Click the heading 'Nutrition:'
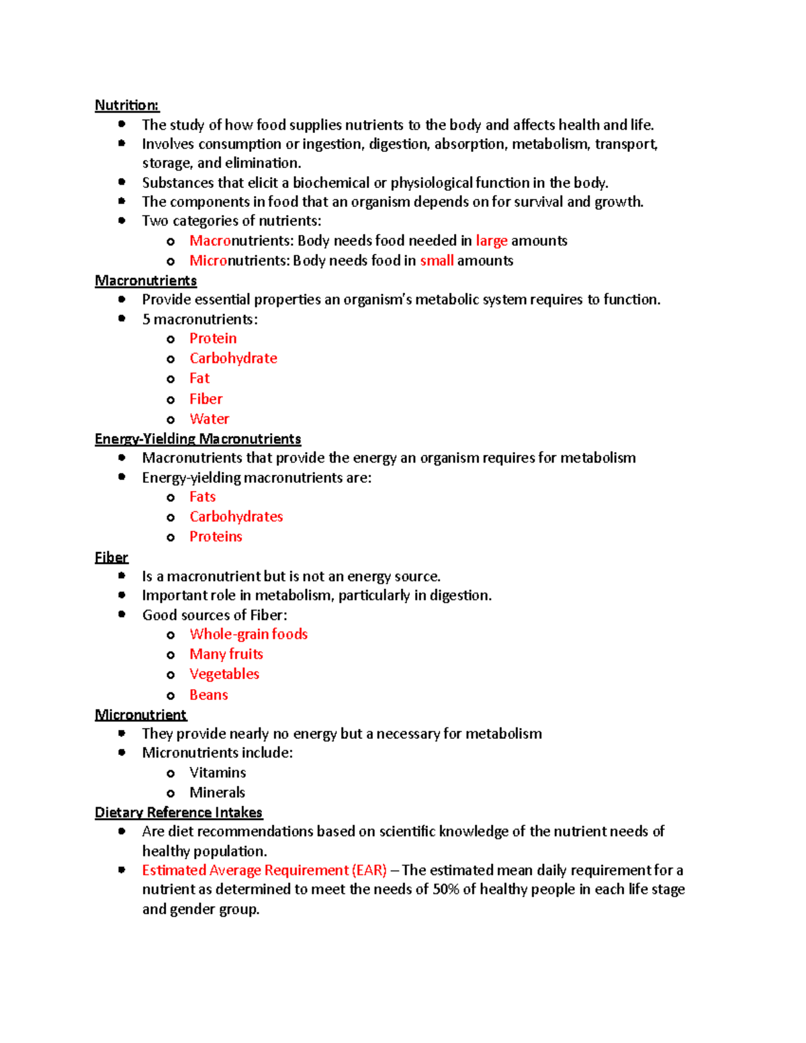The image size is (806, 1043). [127, 105]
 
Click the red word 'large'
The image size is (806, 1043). [491, 240]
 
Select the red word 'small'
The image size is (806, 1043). [437, 261]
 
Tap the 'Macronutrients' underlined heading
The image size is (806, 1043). [146, 280]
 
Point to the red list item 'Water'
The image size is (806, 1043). [209, 419]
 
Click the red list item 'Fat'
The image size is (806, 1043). [199, 378]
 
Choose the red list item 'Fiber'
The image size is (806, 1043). [206, 399]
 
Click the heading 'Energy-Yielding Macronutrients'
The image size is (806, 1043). [197, 439]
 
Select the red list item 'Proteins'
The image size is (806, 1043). [216, 537]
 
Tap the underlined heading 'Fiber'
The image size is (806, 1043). [111, 557]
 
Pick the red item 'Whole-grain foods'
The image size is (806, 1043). [249, 634]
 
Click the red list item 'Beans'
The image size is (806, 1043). [208, 695]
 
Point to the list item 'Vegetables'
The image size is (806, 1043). [224, 674]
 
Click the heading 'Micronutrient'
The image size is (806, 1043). [141, 715]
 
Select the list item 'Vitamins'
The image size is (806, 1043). [218, 772]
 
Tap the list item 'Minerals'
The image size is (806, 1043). [217, 792]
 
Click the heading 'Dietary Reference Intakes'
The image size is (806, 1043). [179, 812]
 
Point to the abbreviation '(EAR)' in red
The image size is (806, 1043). [369, 870]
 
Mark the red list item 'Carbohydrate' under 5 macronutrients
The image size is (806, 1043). [233, 358]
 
